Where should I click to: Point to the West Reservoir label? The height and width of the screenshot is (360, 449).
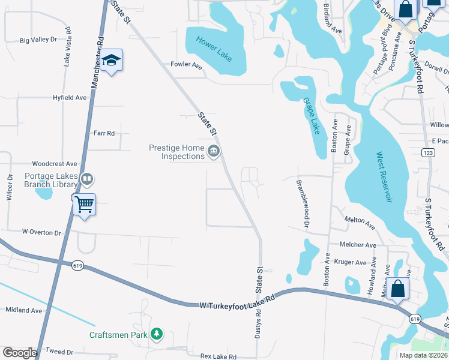pos(384,178)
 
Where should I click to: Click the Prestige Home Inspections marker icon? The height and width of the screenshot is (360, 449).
pos(213,152)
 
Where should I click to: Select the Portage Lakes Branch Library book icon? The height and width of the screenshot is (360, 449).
pos(87,179)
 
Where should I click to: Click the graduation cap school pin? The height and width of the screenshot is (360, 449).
pos(112,61)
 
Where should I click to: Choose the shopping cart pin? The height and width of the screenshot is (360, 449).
pos(84,205)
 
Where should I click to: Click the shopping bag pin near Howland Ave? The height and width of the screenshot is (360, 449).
pos(398,289)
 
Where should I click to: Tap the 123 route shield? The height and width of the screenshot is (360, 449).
pos(428,154)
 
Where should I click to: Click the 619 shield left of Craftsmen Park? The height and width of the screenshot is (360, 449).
pos(78,266)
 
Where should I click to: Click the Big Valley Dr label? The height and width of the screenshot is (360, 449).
pos(38,40)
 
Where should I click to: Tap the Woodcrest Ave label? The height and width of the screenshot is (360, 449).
pos(55,163)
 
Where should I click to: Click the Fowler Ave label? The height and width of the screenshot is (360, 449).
pos(186,64)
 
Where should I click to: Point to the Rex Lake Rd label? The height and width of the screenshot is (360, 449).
pos(218,356)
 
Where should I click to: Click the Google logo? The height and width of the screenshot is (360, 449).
pos(20,353)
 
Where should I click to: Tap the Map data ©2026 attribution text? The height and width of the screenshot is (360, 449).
pos(424,355)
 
